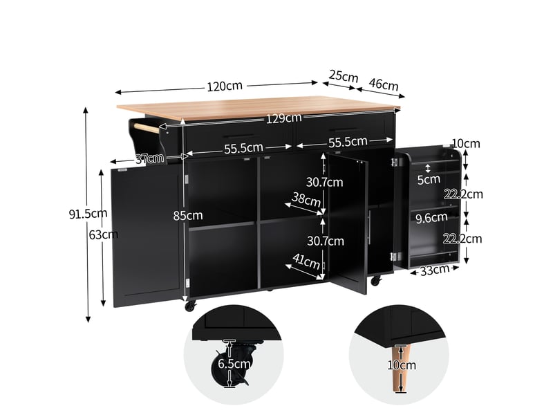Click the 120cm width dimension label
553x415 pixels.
[225, 86]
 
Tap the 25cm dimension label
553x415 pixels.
[343, 76]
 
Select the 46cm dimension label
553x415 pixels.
[384, 84]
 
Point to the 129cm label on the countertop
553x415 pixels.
[283, 118]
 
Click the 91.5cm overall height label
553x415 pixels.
[88, 214]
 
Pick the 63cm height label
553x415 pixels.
[103, 234]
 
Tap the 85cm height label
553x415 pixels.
[188, 216]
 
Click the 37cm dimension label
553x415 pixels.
[150, 158]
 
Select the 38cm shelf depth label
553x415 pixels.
[306, 200]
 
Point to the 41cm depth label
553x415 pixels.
[306, 261]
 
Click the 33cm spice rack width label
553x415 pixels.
[435, 270]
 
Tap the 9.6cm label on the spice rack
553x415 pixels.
[431, 218]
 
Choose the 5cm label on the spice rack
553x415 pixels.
[429, 180]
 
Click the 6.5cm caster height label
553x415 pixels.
[234, 364]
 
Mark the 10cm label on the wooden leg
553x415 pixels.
[402, 365]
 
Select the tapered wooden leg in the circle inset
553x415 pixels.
[402, 368]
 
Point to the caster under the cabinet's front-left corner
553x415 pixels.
[190, 306]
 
